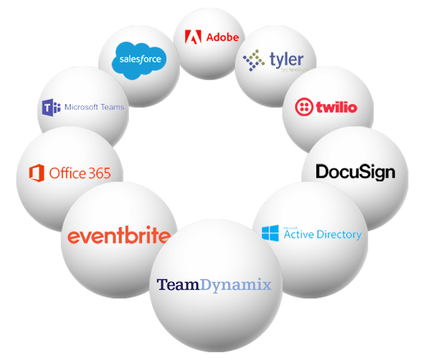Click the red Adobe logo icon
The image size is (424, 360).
click(193, 37)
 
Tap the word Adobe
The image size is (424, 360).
click(222, 37)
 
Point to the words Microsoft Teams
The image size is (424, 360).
click(94, 107)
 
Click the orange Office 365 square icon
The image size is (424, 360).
click(37, 173)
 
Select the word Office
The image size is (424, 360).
click(67, 173)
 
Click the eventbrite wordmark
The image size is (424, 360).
click(119, 236)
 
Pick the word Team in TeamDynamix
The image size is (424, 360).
click(178, 284)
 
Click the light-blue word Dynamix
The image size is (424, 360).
click(236, 285)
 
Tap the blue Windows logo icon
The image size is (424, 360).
click(270, 233)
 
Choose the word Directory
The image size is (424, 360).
click(339, 235)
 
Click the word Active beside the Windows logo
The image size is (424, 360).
click(299, 234)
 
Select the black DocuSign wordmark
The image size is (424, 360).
click(355, 172)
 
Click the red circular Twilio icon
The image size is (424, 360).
click(304, 107)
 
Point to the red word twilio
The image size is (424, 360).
click(336, 107)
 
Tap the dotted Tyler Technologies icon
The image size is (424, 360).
click(254, 60)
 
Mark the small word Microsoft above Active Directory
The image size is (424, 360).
click(290, 228)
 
